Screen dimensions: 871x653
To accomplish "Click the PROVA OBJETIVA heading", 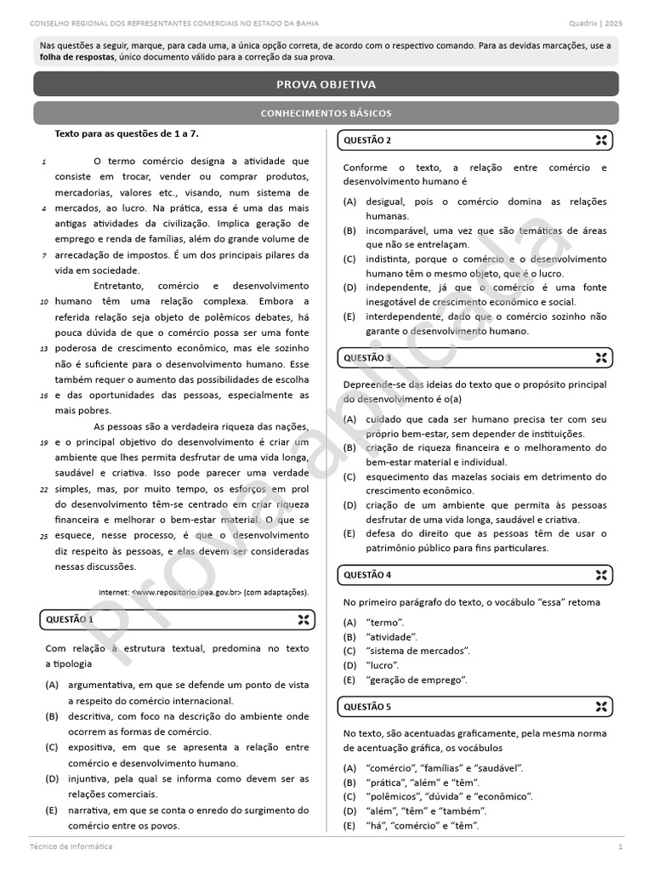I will tap(326, 84).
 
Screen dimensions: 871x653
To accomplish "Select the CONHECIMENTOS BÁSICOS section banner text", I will tap(326, 113).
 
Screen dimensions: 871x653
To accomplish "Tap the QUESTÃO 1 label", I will tap(70, 620).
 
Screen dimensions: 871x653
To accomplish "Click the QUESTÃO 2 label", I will tap(367, 140).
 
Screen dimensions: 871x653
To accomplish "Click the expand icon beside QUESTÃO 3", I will tap(600, 358).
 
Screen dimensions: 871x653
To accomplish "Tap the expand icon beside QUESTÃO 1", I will tap(304, 620).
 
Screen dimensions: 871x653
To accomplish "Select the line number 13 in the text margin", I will tap(43, 349).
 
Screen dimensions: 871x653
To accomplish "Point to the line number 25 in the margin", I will tap(43, 536).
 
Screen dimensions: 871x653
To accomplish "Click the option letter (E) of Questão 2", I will tap(349, 316).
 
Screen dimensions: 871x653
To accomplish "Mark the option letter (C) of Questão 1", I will tap(52, 748).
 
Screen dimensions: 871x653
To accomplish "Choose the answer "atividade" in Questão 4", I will tap(392, 636).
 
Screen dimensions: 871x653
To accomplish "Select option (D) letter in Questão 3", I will tap(349, 505).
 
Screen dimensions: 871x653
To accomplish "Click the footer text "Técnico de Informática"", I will tap(71, 847).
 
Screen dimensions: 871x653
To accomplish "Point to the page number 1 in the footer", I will tap(620, 847).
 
